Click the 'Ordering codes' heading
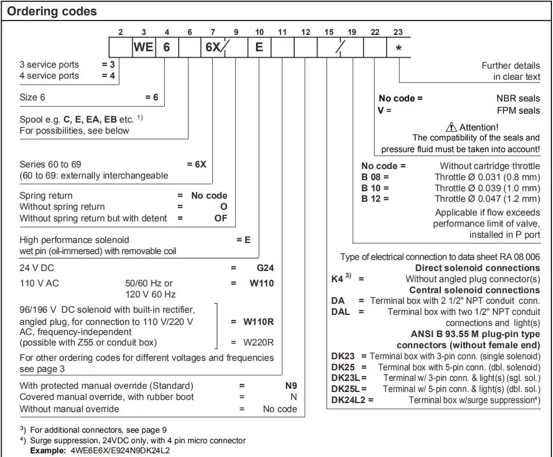click(x=52, y=11)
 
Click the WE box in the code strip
click(x=143, y=47)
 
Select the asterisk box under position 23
click(x=398, y=48)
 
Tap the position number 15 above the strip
click(x=329, y=32)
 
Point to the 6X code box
click(x=213, y=47)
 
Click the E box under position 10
click(x=259, y=47)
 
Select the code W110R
click(x=259, y=321)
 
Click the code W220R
click(x=259, y=342)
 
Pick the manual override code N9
click(x=291, y=386)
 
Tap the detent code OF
click(x=220, y=218)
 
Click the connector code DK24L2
click(x=349, y=400)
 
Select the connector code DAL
click(x=341, y=312)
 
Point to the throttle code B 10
click(x=374, y=188)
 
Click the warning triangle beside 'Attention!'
click(x=452, y=127)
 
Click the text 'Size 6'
click(x=36, y=97)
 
